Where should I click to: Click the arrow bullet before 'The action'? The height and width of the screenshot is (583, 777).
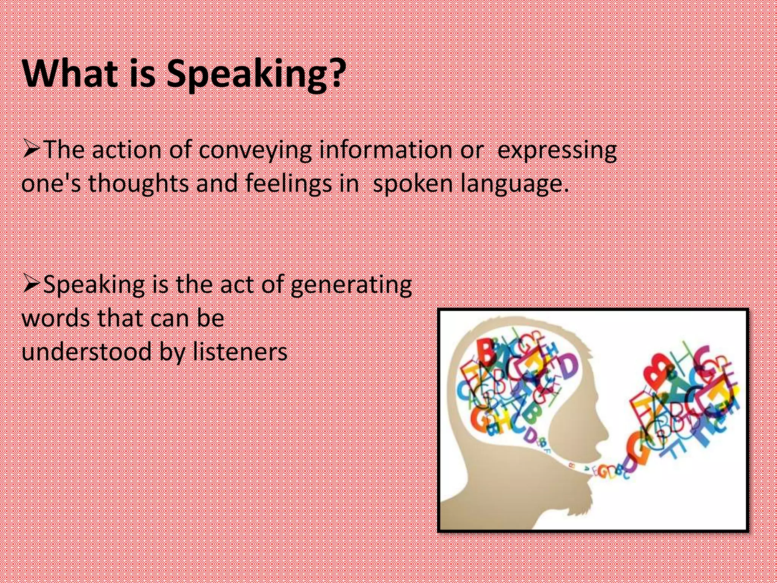(32, 149)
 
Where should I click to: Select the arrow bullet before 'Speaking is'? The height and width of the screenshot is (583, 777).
(32, 284)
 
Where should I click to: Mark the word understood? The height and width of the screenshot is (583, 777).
(87, 351)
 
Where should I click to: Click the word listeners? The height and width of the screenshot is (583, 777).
(240, 351)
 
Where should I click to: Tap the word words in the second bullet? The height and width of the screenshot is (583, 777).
(56, 318)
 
